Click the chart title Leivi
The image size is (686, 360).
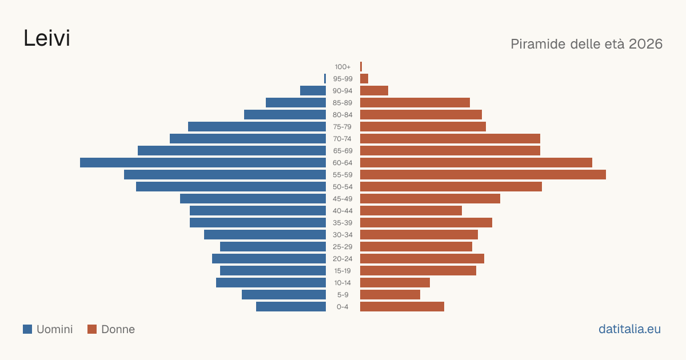click(47, 38)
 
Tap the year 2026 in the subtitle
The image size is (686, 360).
click(645, 44)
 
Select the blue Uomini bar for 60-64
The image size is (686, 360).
click(203, 162)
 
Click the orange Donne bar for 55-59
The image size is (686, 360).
click(483, 174)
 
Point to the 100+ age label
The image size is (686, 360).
click(342, 67)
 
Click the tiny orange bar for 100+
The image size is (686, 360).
click(361, 66)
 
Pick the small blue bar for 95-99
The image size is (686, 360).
click(325, 79)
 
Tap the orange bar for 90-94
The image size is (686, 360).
click(374, 91)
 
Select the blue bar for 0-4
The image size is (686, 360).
click(291, 306)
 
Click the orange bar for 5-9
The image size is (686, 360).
click(390, 294)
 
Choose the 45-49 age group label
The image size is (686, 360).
click(342, 199)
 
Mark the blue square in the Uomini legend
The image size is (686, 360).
click(27, 329)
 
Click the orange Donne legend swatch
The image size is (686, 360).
click(92, 329)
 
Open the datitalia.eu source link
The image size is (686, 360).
click(629, 329)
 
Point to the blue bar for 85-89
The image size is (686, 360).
click(296, 102)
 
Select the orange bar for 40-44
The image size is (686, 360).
click(411, 211)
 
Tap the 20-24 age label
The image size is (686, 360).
click(342, 259)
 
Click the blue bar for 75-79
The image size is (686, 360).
click(257, 126)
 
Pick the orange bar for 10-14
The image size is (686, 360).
click(395, 282)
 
